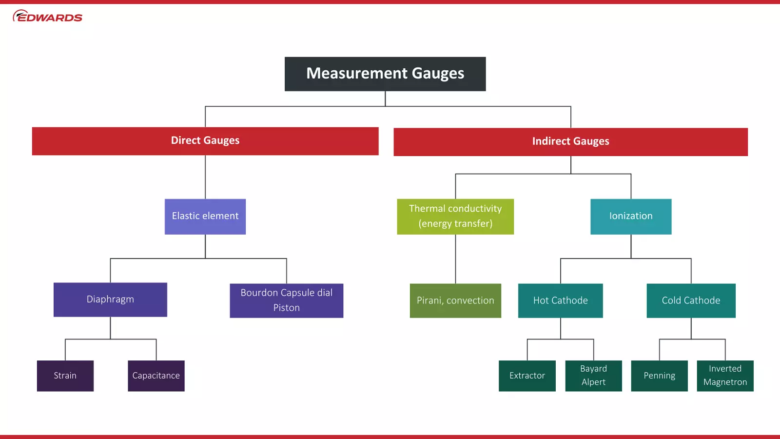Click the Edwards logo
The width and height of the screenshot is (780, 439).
tap(47, 16)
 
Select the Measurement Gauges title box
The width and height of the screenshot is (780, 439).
tap(385, 74)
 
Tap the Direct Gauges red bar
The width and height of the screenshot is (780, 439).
tap(205, 141)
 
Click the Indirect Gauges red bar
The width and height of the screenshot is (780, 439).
tap(570, 141)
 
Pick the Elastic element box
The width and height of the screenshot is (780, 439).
tap(205, 217)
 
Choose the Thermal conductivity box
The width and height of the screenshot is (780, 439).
tap(455, 217)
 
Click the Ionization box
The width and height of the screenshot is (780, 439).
tap(631, 217)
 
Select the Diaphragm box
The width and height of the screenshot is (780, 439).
tap(110, 299)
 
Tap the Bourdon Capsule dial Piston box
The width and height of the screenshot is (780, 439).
tap(286, 300)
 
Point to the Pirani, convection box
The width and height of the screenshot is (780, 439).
tap(455, 300)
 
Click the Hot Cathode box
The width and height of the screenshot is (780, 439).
tap(560, 300)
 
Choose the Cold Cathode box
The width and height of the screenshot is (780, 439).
tap(691, 300)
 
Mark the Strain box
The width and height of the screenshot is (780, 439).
tap(65, 376)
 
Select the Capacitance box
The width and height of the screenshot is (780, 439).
tap(156, 376)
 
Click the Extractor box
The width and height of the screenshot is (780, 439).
tap(527, 376)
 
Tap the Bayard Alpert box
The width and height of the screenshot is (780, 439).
tap(593, 376)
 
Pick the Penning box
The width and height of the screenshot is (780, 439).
tap(659, 376)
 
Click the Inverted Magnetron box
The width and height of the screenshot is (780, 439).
tap(725, 376)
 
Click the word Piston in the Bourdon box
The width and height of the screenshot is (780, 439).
tap(286, 308)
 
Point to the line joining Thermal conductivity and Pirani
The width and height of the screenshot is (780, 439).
tap(455, 259)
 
